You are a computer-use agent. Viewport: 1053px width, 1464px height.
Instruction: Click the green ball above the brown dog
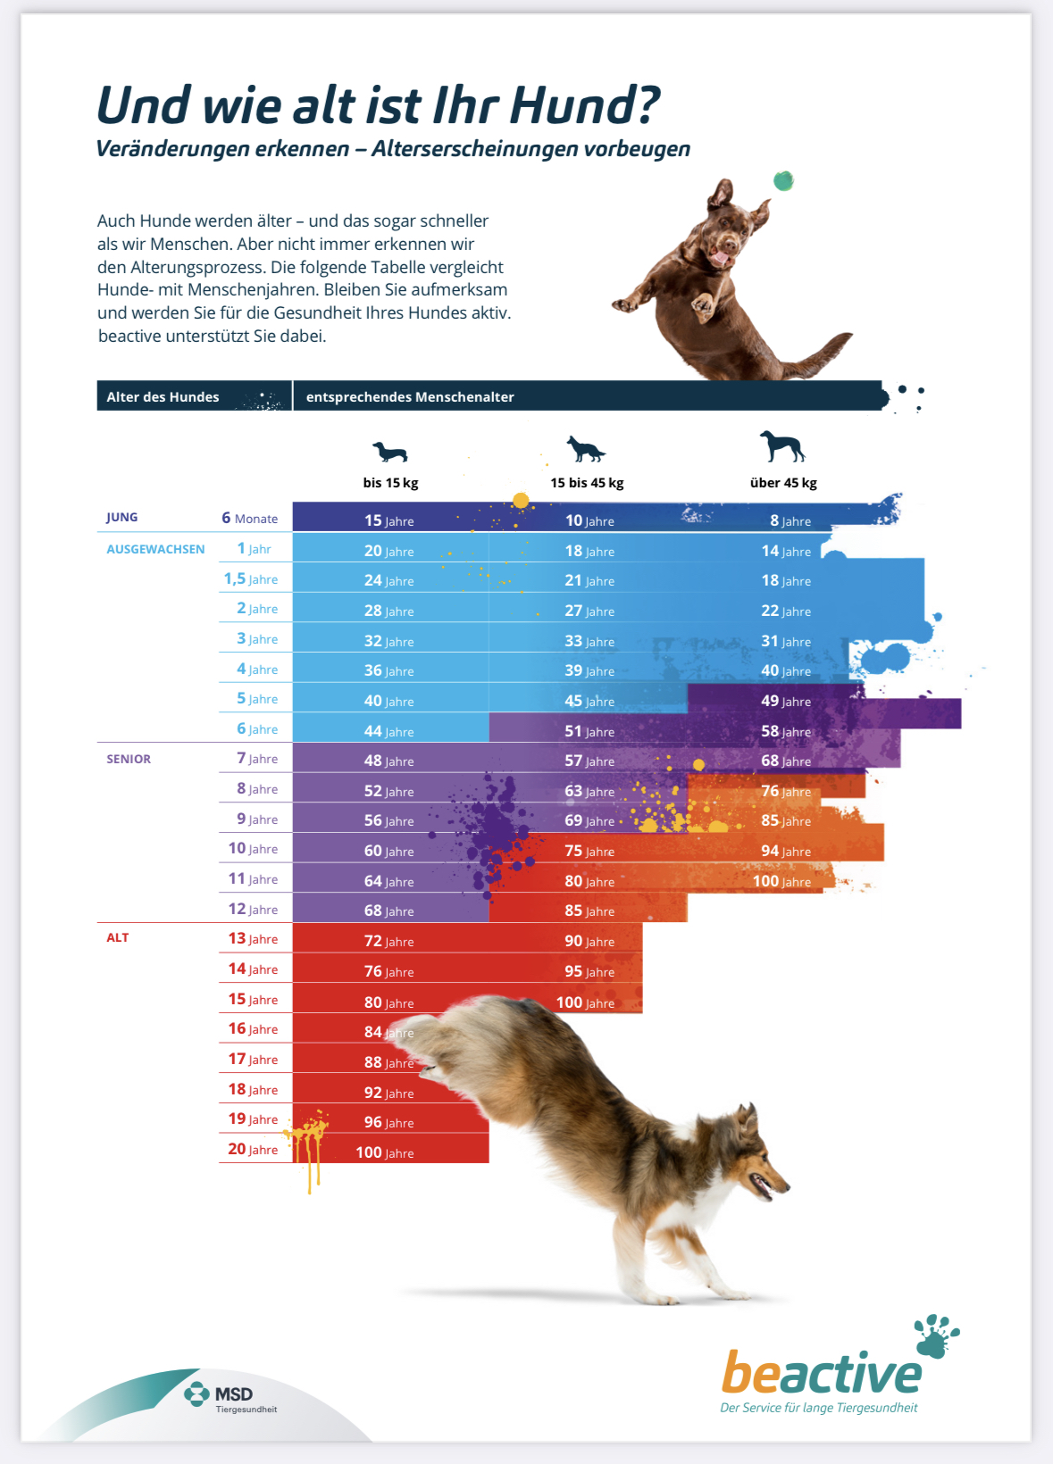(x=783, y=181)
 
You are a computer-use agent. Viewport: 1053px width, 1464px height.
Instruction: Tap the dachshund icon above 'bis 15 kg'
(x=390, y=452)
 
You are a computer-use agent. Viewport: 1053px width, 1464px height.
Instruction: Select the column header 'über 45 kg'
(x=783, y=483)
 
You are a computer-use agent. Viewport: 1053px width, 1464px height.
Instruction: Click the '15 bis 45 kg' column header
(x=587, y=483)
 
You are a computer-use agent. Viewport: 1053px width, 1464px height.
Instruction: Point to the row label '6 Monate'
(x=249, y=519)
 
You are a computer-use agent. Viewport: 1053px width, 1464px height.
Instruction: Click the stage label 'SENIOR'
(x=129, y=760)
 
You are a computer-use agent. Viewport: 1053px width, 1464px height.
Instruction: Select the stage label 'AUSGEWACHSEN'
(x=155, y=550)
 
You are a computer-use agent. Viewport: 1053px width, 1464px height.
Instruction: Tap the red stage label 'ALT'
(x=118, y=938)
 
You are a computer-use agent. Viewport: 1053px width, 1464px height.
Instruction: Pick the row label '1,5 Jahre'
(x=250, y=579)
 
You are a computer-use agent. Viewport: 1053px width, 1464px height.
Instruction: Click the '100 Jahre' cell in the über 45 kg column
(x=781, y=882)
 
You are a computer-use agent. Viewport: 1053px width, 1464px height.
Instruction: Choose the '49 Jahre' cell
(x=786, y=702)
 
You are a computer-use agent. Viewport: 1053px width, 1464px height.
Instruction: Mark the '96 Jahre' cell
(x=389, y=1123)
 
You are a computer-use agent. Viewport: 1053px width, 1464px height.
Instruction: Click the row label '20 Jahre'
(x=253, y=1150)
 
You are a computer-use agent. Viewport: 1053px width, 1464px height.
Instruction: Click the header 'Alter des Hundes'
(x=163, y=397)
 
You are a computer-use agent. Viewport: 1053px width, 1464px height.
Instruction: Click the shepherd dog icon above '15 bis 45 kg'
(x=586, y=449)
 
